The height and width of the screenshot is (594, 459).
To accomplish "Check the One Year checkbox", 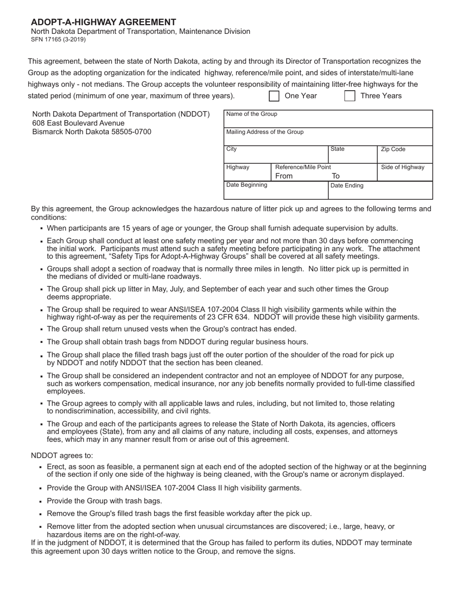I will (274, 96).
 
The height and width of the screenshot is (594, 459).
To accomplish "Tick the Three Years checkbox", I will (350, 96).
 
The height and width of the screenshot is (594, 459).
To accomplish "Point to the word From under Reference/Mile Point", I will (284, 176).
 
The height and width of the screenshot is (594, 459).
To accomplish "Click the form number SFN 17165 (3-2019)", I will (58, 40).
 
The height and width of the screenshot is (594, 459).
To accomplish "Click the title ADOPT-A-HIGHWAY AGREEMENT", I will (103, 22).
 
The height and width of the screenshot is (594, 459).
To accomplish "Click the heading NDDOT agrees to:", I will (62, 455).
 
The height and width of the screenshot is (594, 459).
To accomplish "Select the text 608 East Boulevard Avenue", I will (78, 123).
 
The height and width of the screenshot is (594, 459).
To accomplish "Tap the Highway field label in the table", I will (238, 168).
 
